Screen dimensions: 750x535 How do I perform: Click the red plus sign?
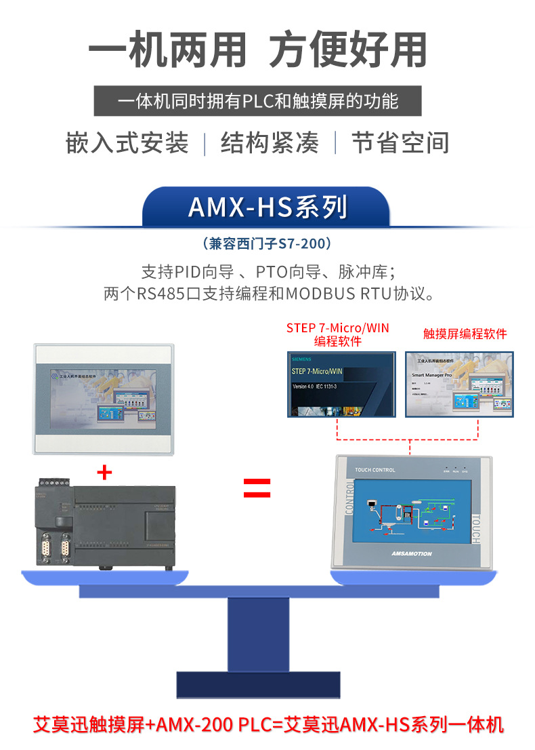pyautogui.click(x=104, y=472)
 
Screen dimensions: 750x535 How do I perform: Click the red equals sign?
pyautogui.click(x=257, y=488)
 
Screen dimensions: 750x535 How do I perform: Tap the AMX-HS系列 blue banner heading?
pyautogui.click(x=267, y=207)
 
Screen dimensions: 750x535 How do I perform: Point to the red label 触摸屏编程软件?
pyautogui.click(x=465, y=334)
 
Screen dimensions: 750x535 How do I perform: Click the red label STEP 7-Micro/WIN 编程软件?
pyautogui.click(x=337, y=334)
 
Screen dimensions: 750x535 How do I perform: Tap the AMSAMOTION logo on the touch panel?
pyautogui.click(x=411, y=553)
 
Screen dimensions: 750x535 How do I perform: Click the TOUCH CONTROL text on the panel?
pyautogui.click(x=374, y=470)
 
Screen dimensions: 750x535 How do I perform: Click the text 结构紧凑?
pyautogui.click(x=270, y=143)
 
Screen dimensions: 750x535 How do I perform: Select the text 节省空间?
pyautogui.click(x=400, y=143)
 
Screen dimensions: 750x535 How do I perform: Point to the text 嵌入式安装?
pyautogui.click(x=127, y=143)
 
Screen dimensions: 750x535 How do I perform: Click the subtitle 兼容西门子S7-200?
pyautogui.click(x=267, y=243)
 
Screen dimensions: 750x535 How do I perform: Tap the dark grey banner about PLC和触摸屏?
pyautogui.click(x=257, y=102)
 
